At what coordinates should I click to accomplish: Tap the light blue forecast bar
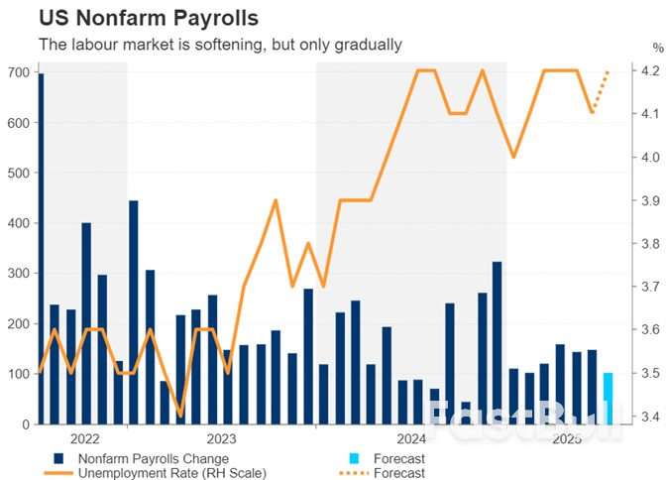point(609,399)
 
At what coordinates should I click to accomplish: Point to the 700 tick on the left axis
point(17,72)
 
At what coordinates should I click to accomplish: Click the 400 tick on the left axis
point(17,223)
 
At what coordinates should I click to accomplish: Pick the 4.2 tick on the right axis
point(650,71)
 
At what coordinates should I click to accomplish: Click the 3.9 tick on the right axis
point(650,200)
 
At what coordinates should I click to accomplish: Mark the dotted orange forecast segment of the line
point(601,91)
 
